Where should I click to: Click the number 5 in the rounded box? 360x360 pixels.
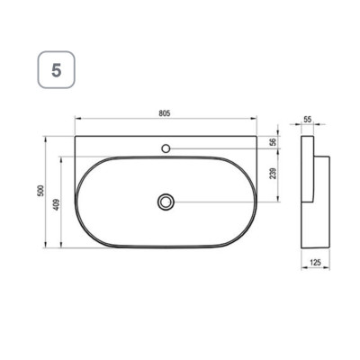tap(57, 70)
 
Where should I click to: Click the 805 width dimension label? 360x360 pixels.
tap(165, 113)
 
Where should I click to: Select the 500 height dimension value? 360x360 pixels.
tap(40, 191)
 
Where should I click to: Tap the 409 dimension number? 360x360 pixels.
tap(57, 204)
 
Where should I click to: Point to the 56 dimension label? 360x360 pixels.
tap(273, 142)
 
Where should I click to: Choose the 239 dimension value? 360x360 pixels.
tap(273, 174)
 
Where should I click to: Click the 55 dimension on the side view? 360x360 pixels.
tap(308, 120)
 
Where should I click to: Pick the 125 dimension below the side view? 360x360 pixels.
tap(315, 263)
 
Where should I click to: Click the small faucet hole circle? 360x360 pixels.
tap(166, 148)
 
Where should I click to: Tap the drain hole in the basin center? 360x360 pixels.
tap(166, 202)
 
